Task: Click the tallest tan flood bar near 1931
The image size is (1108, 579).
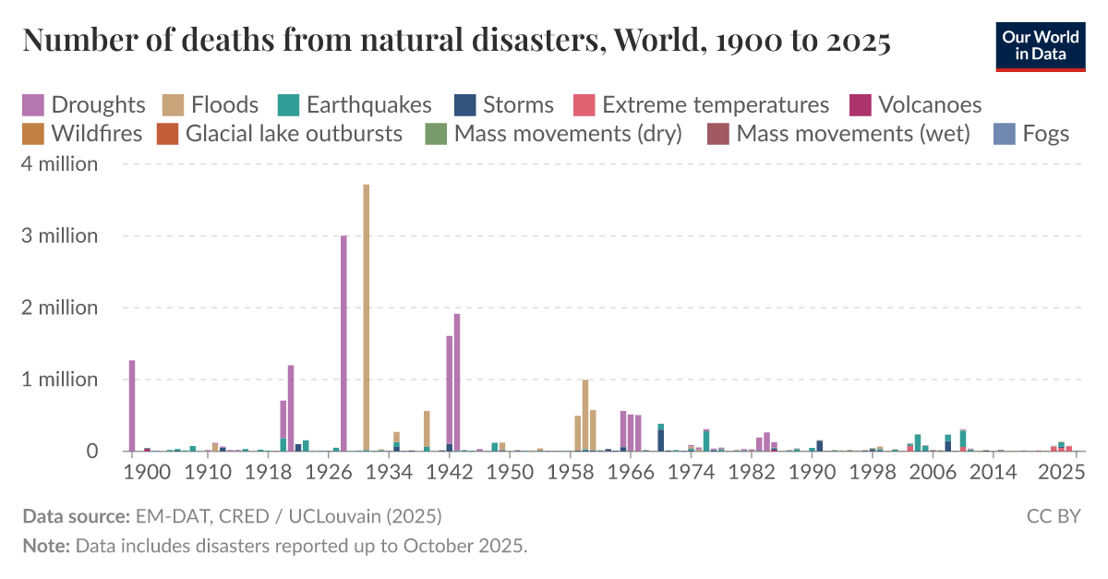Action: [x=367, y=318]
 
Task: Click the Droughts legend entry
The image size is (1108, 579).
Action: [x=84, y=104]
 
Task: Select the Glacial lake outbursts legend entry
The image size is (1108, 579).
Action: [x=281, y=133]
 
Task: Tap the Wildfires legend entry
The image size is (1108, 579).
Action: [x=84, y=133]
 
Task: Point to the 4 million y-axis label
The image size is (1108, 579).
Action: [x=60, y=164]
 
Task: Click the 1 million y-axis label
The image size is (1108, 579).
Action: [x=60, y=380]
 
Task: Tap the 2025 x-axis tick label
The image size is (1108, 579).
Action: [x=1062, y=471]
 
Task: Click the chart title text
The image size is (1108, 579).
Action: [x=456, y=42]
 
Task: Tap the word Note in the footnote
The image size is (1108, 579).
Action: [x=45, y=545]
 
